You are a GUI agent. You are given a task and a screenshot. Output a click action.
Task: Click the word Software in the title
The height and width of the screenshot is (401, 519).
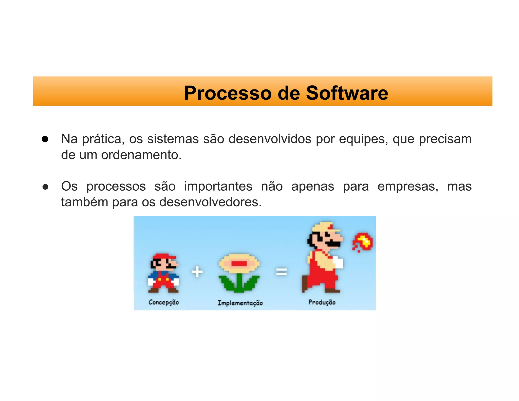347,93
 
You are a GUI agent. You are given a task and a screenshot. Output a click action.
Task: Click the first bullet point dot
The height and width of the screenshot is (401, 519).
45,139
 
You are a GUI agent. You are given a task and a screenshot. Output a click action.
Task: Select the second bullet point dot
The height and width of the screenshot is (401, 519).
45,187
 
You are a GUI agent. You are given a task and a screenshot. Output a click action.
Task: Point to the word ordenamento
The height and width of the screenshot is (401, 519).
141,155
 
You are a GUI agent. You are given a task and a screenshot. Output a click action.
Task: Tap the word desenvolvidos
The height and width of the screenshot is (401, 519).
270,139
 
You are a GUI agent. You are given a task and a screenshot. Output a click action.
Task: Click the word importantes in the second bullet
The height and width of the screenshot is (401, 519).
218,186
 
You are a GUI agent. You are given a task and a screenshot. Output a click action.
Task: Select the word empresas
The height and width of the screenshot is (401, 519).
408,186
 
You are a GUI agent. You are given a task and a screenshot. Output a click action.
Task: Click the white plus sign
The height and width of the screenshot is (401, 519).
197,272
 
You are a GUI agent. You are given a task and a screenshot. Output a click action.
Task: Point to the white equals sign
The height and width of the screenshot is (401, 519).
281,272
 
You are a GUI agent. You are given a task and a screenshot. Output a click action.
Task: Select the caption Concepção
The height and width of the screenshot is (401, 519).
164,302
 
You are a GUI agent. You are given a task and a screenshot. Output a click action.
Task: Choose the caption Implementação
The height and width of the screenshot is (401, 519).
240,303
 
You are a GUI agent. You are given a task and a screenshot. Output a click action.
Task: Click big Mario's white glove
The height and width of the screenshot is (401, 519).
338,262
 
